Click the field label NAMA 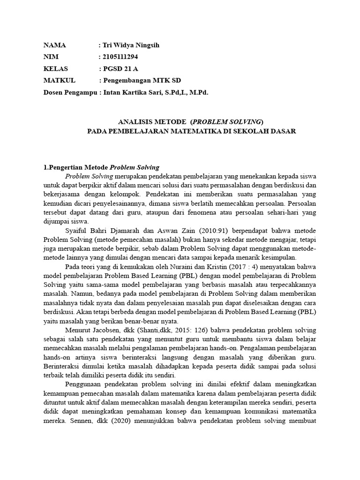tap(55, 45)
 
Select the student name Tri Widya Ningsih tap(131, 45)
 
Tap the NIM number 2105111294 tap(120, 57)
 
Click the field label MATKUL tap(59, 81)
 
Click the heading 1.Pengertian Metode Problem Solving tap(102, 167)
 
